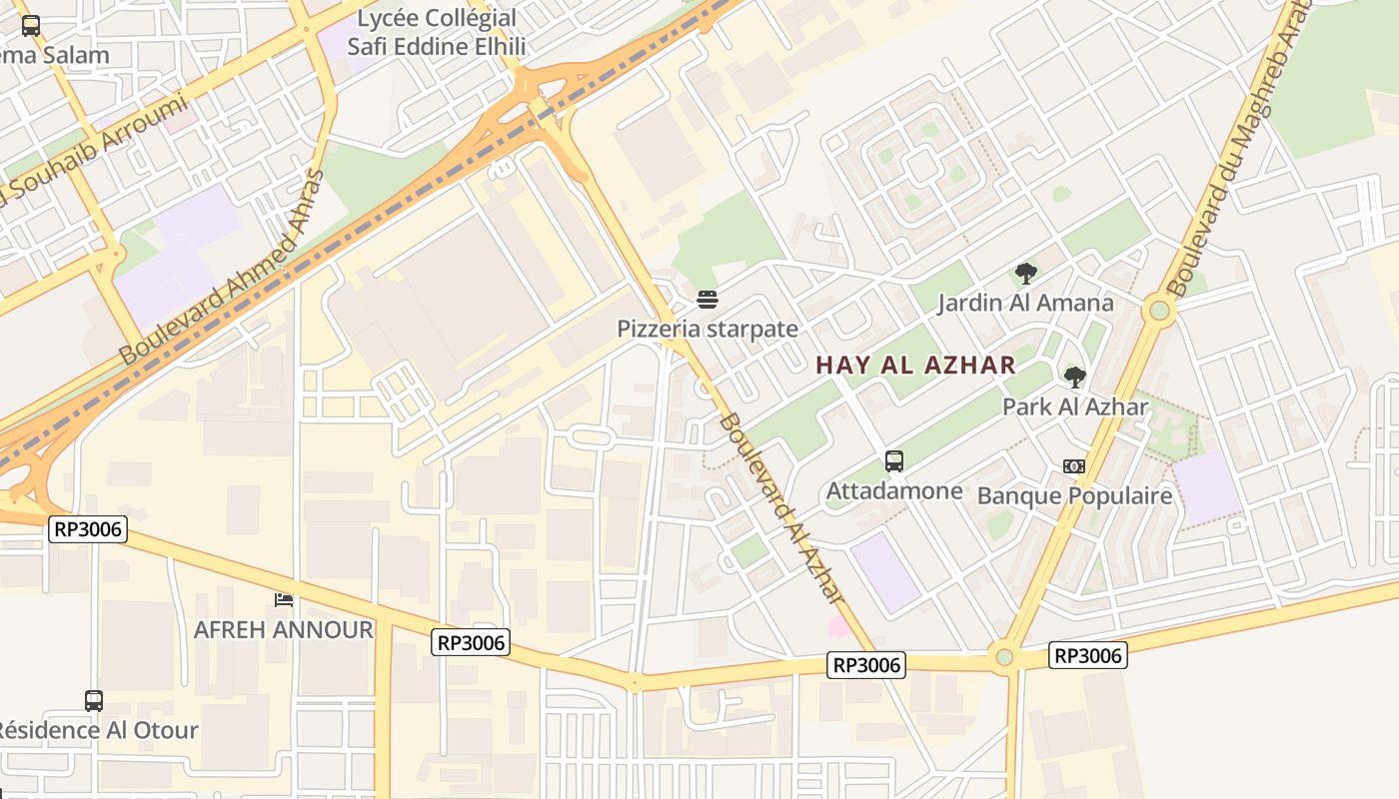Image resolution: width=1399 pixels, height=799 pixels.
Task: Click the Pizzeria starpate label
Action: pyautogui.click(x=707, y=329)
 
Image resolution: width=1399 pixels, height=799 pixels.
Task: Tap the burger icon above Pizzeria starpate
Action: pyautogui.click(x=707, y=299)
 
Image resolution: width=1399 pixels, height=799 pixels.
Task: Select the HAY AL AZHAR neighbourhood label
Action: pyautogui.click(x=915, y=366)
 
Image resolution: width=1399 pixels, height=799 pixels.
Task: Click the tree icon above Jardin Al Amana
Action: pyautogui.click(x=1025, y=274)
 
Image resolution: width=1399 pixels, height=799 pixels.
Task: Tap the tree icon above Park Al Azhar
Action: pyautogui.click(x=1075, y=378)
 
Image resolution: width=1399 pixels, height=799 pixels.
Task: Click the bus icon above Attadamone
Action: pyautogui.click(x=894, y=461)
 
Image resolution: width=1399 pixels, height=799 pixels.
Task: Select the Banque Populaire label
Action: pyautogui.click(x=1074, y=495)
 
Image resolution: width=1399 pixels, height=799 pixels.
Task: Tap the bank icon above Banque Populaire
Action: pyautogui.click(x=1074, y=466)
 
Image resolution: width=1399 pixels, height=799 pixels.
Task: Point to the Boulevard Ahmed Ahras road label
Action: pyautogui.click(x=222, y=268)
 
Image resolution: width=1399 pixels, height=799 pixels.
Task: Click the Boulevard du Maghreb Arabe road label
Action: pyautogui.click(x=1240, y=150)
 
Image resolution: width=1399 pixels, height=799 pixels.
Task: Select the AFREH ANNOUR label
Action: pyautogui.click(x=283, y=630)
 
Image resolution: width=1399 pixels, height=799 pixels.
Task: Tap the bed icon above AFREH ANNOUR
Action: pyautogui.click(x=284, y=599)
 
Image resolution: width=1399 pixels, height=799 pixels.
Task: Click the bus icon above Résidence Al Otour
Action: pyautogui.click(x=93, y=701)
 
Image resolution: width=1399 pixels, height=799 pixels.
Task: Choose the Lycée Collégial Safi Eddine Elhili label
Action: pyautogui.click(x=437, y=32)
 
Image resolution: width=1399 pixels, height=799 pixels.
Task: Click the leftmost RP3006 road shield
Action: pyautogui.click(x=88, y=529)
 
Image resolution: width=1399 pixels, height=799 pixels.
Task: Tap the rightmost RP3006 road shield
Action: pyautogui.click(x=1088, y=655)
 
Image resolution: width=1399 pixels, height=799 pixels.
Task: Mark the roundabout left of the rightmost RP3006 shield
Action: pyautogui.click(x=1004, y=657)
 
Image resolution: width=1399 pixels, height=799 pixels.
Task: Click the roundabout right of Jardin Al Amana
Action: pyautogui.click(x=1160, y=310)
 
